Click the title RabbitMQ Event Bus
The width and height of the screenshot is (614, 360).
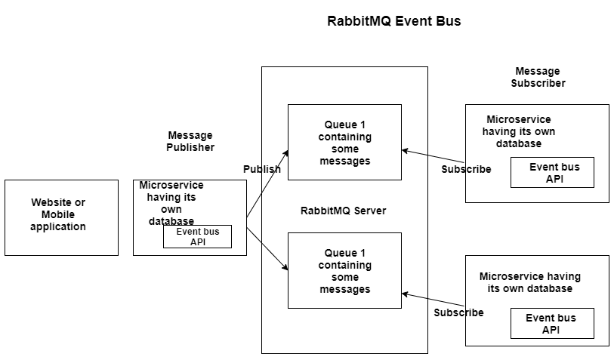click(393, 21)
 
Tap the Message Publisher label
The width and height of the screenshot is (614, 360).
click(190, 141)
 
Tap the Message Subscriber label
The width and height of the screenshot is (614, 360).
click(538, 77)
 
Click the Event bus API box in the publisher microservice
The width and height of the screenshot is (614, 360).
click(197, 236)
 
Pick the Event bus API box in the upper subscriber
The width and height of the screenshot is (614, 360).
click(552, 172)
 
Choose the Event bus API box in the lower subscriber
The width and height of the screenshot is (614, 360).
click(552, 323)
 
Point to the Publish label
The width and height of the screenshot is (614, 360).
click(261, 169)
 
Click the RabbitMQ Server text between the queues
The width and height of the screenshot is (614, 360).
click(343, 211)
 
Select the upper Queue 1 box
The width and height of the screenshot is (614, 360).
click(344, 142)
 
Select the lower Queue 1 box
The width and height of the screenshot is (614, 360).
click(344, 270)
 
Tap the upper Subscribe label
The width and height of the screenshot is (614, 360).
click(466, 169)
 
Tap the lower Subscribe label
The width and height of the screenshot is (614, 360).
click(458, 312)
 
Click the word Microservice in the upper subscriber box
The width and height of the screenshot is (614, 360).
click(519, 119)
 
